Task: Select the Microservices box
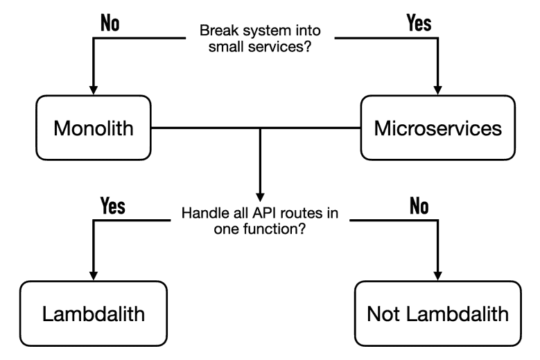coord(438,128)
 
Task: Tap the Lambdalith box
coord(93,314)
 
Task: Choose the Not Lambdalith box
coord(438,314)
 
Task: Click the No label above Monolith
coord(110,23)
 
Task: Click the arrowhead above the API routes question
coord(259,194)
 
